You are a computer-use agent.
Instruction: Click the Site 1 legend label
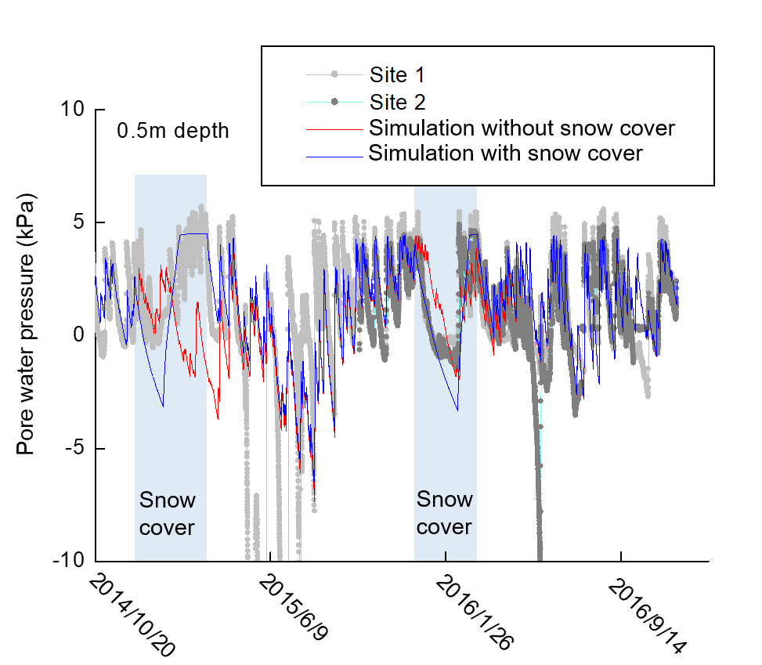tap(397, 75)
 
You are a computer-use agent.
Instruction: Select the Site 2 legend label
tap(398, 102)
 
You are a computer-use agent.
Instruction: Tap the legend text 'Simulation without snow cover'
tap(522, 128)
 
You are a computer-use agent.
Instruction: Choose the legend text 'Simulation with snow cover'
tap(506, 153)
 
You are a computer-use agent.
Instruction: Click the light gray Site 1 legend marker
tap(334, 74)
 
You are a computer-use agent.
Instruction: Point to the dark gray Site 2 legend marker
tap(334, 102)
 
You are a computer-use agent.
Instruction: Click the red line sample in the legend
tap(334, 130)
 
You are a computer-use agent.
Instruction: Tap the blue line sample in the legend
tap(334, 157)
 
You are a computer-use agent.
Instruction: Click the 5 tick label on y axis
tap(79, 222)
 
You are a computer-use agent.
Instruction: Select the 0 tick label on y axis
tap(79, 334)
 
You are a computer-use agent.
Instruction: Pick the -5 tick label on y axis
tap(75, 447)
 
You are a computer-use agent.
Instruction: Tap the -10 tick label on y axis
tap(68, 560)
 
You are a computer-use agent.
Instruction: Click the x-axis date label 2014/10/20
tap(132, 616)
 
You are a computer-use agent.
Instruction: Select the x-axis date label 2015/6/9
tap(294, 607)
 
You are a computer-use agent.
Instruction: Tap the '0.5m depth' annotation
tap(172, 132)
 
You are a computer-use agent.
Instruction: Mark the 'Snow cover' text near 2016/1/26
tap(445, 513)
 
